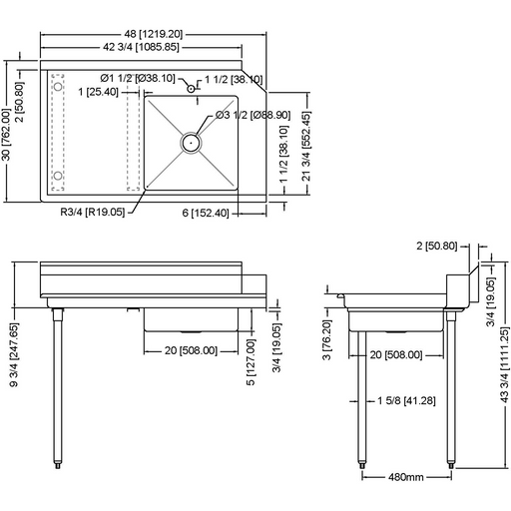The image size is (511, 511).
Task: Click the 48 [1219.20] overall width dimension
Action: point(158,34)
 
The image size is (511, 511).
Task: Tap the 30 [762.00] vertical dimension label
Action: point(8,127)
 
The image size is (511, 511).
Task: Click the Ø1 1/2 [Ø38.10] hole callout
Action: point(138,78)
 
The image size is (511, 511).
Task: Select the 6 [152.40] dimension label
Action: point(207,213)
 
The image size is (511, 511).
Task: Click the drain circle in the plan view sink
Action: point(190,143)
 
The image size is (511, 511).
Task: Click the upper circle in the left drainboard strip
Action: point(58,79)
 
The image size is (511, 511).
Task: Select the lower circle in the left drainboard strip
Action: point(58,178)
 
